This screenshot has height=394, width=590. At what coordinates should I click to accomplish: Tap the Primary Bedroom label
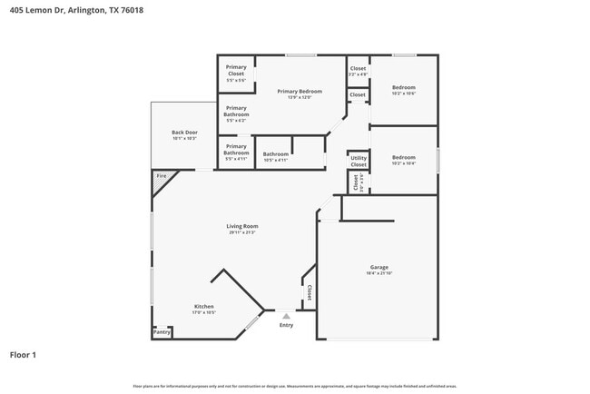pyautogui.click(x=300, y=92)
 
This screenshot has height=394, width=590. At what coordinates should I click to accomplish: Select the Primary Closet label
pyautogui.click(x=236, y=70)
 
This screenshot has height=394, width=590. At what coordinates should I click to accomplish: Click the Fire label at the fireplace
pyautogui.click(x=161, y=175)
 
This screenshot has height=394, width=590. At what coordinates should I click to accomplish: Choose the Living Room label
pyautogui.click(x=242, y=226)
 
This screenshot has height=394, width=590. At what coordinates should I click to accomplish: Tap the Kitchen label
pyautogui.click(x=204, y=307)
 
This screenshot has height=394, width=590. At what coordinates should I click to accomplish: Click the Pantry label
pyautogui.click(x=162, y=332)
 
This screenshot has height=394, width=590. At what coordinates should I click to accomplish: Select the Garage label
pyautogui.click(x=379, y=267)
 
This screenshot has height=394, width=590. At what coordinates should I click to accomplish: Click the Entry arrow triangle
pyautogui.click(x=286, y=316)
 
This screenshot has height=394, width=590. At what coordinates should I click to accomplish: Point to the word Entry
pyautogui.click(x=286, y=325)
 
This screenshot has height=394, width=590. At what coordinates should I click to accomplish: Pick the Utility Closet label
pyautogui.click(x=359, y=161)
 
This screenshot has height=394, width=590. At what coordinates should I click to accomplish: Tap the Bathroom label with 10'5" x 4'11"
pyautogui.click(x=276, y=154)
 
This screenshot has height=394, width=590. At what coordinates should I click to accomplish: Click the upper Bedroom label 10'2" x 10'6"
pyautogui.click(x=403, y=87)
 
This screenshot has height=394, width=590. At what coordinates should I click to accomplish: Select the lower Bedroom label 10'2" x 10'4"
pyautogui.click(x=403, y=157)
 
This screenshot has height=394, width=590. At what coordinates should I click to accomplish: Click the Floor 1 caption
pyautogui.click(x=23, y=355)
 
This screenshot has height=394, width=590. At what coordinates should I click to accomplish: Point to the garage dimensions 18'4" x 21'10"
pyautogui.click(x=379, y=273)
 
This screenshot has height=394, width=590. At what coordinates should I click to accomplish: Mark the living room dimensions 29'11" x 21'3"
pyautogui.click(x=242, y=232)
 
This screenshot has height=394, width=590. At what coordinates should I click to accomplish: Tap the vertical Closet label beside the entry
pyautogui.click(x=309, y=292)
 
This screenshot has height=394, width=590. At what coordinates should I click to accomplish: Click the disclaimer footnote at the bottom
pyautogui.click(x=294, y=386)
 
